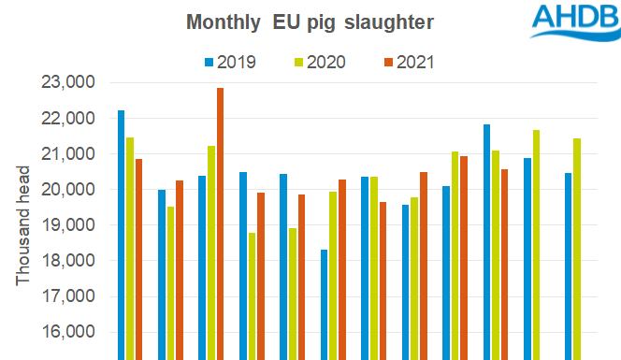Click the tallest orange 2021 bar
(221, 224)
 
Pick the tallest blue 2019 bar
(122, 235)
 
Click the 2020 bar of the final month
(578, 249)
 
